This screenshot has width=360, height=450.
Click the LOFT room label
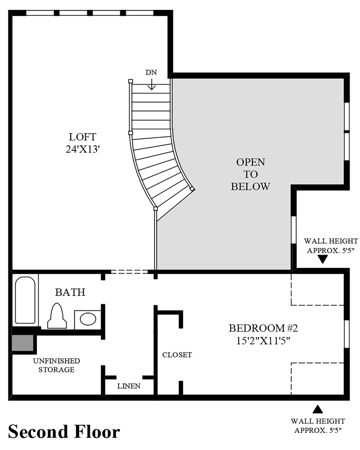pyautogui.click(x=82, y=137)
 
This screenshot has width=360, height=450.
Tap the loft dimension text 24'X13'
pyautogui.click(x=82, y=149)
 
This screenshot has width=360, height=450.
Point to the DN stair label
pyautogui.click(x=151, y=72)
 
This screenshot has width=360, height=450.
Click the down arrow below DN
pyautogui.click(x=151, y=84)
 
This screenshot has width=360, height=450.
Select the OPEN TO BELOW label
pyautogui.click(x=250, y=174)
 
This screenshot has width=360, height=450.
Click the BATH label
pyautogui.click(x=70, y=292)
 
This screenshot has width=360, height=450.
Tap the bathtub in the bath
pyautogui.click(x=25, y=300)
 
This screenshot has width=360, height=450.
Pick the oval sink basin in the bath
pyautogui.click(x=88, y=319)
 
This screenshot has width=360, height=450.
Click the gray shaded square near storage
pyautogui.click(x=22, y=342)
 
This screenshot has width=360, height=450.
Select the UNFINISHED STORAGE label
pyautogui.click(x=57, y=365)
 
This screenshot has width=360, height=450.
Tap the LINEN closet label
pyautogui.click(x=129, y=386)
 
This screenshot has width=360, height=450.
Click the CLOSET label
pyautogui.click(x=177, y=355)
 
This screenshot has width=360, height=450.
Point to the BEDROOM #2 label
pyautogui.click(x=263, y=328)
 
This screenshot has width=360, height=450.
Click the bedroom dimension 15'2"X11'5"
pyautogui.click(x=263, y=341)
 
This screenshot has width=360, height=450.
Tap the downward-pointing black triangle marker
pyautogui.click(x=323, y=260)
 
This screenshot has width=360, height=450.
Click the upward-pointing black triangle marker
pyautogui.click(x=317, y=409)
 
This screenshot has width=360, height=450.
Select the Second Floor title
pyautogui.click(x=64, y=432)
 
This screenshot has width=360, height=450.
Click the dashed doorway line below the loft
pyautogui.click(x=130, y=271)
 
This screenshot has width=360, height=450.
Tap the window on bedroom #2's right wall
pyautogui.click(x=347, y=334)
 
